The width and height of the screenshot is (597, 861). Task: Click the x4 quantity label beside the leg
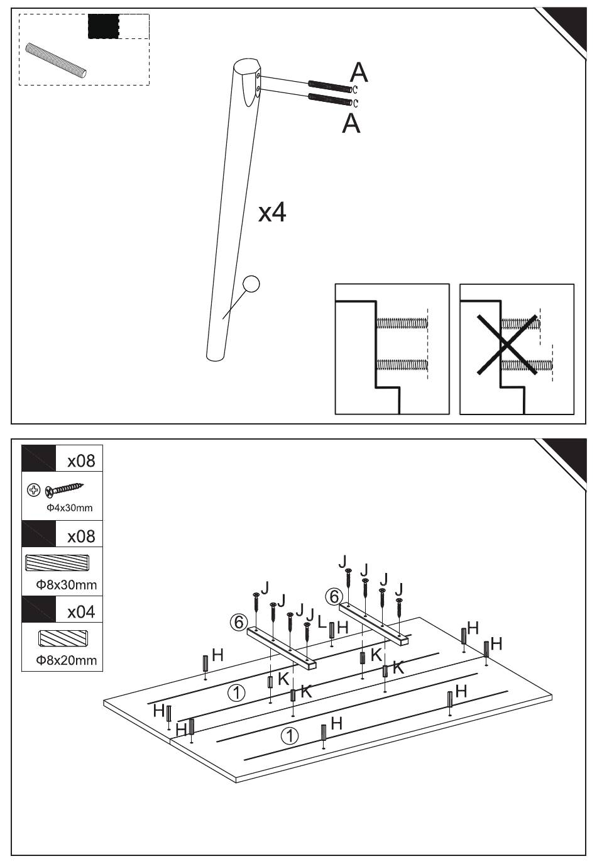(272, 213)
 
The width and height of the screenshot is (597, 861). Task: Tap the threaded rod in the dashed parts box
(56, 60)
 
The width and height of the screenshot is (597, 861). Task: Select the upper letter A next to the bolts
(359, 72)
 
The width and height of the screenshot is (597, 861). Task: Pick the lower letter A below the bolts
(351, 123)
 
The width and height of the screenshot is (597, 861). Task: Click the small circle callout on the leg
(251, 284)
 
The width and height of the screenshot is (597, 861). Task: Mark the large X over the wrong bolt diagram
(507, 345)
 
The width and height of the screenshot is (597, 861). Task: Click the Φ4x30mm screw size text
(70, 508)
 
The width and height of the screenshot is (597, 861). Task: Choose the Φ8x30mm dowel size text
(66, 584)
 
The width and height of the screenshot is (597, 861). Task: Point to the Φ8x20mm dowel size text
(66, 660)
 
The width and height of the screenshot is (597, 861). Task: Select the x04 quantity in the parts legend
(81, 611)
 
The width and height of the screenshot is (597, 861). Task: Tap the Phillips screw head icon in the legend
(34, 490)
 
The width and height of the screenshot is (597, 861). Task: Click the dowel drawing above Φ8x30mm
(57, 563)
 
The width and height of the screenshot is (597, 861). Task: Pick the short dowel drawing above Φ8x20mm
(63, 638)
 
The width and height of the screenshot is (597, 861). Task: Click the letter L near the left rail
(322, 621)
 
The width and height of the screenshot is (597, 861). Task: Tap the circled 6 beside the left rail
(239, 622)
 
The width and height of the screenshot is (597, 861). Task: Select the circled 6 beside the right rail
(334, 597)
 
